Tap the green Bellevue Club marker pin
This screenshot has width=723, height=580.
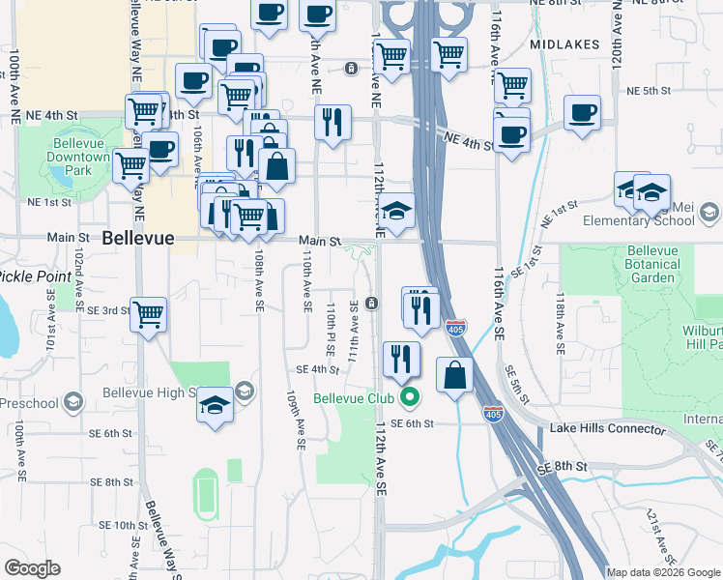click(411, 397)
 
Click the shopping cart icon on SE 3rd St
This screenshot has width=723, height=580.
click(148, 313)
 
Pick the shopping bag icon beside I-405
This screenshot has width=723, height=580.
click(454, 373)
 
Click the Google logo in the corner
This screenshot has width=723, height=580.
click(33, 568)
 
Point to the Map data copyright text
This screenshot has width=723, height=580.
click(663, 572)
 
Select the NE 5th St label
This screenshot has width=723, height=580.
click(649, 91)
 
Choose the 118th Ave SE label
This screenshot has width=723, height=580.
click(559, 330)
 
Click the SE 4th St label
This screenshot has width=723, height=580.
click(318, 369)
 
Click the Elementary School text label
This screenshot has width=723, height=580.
click(645, 220)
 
